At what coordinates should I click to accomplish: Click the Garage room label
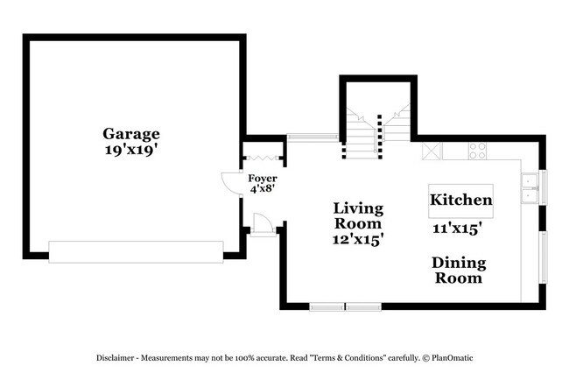[131, 134]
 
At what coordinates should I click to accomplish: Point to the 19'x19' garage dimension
[131, 150]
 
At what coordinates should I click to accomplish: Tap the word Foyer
[262, 178]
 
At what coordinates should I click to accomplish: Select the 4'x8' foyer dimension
[262, 188]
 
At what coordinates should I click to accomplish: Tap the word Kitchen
[460, 200]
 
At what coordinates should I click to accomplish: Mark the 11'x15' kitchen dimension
[459, 229]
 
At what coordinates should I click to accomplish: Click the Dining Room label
[458, 270]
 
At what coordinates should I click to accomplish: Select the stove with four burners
[477, 151]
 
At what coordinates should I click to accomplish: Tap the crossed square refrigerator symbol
[432, 151]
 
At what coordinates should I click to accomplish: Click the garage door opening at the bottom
[136, 252]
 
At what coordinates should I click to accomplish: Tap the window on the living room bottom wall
[345, 306]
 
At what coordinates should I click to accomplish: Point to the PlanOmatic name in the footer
[453, 358]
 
